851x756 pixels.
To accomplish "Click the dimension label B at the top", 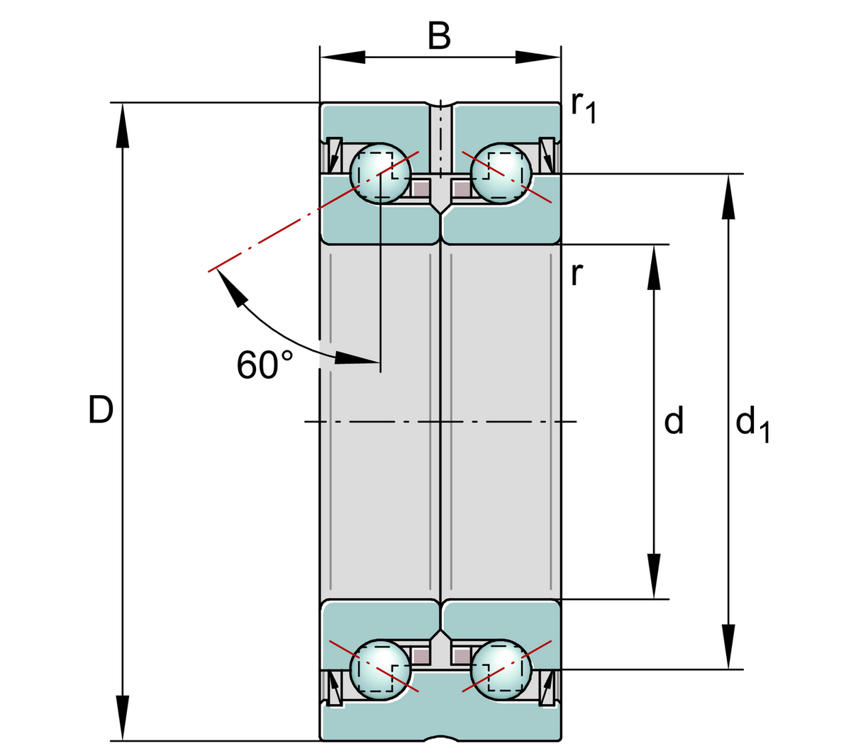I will pos(440,36).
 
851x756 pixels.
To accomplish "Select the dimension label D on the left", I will pos(101,410).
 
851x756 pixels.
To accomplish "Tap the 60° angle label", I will pos(265,365).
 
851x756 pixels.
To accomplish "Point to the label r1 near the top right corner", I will pos(583,108).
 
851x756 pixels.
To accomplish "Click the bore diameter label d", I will pos(674,421).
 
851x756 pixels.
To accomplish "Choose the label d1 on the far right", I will pos(752,425).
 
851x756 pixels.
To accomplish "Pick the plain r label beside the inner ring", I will pos(577,274).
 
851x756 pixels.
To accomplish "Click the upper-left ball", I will pos(381,174).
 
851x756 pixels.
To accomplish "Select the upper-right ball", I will pos(501,174).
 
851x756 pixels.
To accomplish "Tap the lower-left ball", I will pos(381,669).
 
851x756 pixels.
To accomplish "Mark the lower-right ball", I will pos(501,669).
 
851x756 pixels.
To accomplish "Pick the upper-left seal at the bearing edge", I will pos(333,155).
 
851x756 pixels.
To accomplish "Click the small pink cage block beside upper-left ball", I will pos(421,189).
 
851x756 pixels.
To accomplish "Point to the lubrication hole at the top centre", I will pos(440,113).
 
